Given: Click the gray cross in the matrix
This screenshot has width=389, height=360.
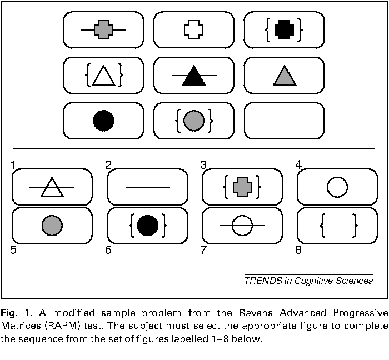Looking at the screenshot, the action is coord(104,30).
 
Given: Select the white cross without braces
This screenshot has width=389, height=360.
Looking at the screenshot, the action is coord(194,30).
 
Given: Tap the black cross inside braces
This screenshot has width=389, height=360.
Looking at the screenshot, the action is coord(285,30).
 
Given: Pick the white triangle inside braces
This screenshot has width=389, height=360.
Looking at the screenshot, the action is coord(104,76).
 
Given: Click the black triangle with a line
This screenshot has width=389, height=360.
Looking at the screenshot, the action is coord(194,76).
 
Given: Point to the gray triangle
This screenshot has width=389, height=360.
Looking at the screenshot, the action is coord(285,76).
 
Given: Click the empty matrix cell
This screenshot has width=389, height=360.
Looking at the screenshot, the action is coord(285,121).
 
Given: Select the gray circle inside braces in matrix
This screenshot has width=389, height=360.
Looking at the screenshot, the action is coord(194,121).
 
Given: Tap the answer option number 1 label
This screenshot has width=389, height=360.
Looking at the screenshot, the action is coord(13,165).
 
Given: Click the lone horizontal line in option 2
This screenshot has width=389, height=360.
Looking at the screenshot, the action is coord(148,187).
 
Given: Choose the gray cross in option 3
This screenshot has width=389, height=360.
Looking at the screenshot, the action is coord(242,187).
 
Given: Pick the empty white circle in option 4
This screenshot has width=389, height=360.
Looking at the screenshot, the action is coord(337,187).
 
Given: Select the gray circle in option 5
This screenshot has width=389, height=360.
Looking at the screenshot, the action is coord(52,226).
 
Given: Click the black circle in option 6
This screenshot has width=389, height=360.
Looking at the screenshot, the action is coord(148,226).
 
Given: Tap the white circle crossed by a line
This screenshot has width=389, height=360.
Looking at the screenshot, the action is coord(242,226).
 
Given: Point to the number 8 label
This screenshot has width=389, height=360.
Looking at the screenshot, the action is coord(298,249).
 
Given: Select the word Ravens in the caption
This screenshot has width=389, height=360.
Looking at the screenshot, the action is coord(256,313).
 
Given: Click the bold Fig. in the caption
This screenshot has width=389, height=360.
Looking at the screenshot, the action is coord(9,313).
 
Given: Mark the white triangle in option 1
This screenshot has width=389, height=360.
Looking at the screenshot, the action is coord(52,187).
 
